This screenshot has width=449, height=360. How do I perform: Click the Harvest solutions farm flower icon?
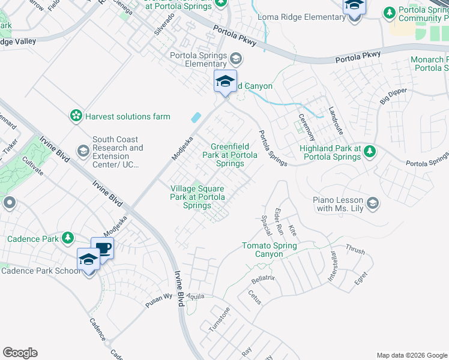tap(76, 116)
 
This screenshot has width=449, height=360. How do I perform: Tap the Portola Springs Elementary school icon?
tap(236, 58)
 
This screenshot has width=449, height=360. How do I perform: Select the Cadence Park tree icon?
tap(68, 238)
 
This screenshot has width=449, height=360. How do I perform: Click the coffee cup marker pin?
tap(103, 248)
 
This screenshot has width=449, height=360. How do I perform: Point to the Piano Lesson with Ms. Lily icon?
tap(373, 203)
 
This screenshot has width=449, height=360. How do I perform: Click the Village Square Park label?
tap(197, 197)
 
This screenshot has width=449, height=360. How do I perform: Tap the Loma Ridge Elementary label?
tap(301, 17)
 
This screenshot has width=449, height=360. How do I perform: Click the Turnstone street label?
tap(219, 319)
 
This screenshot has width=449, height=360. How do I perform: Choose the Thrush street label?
tap(355, 249)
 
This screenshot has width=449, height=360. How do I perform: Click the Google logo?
tap(20, 353)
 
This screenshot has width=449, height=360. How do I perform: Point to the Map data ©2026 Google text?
tap(411, 355)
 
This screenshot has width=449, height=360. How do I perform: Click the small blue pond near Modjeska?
tap(196, 118)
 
